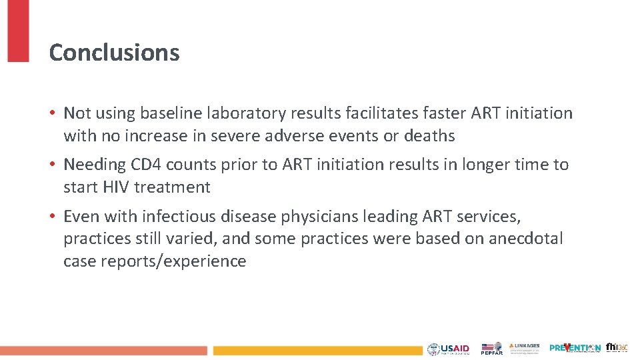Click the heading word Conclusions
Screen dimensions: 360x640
pyautogui.click(x=114, y=53)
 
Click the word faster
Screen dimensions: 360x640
pyautogui.click(x=443, y=113)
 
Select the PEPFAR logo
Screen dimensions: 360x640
pyautogui.click(x=492, y=349)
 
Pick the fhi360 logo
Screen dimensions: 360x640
pyautogui.click(x=616, y=347)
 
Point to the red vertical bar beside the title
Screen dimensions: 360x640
pyautogui.click(x=18, y=31)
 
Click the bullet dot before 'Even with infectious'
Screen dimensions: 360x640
pyautogui.click(x=53, y=217)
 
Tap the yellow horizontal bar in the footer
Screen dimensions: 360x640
pyautogui.click(x=317, y=350)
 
